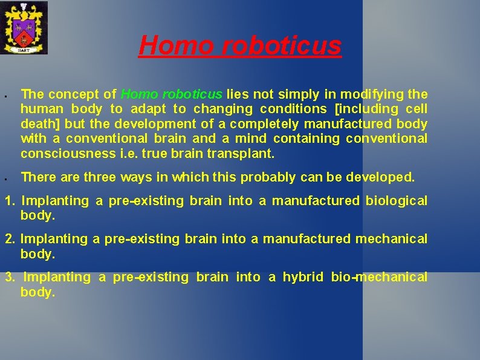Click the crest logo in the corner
point(24,27)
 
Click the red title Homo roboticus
point(240,45)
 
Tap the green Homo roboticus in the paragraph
point(172,94)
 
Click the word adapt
point(148,110)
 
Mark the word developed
point(384,177)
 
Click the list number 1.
point(10,201)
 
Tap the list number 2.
point(10,239)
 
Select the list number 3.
point(10,277)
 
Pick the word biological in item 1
point(396,201)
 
